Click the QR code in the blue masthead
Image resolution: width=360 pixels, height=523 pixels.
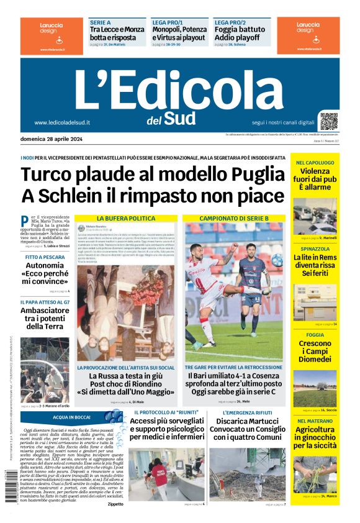point(329,121)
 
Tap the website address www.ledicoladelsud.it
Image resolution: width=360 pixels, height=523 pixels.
point(62,122)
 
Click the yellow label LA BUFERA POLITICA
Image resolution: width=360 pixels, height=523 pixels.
point(125,219)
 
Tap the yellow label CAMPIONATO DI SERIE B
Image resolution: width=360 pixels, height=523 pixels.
point(234,219)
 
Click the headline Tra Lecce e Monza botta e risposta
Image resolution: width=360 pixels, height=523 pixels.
point(117,34)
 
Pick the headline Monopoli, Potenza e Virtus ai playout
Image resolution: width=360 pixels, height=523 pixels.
point(179,34)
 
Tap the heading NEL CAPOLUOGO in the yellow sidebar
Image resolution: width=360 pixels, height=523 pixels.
point(315,163)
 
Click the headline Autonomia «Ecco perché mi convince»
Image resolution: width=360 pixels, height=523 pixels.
point(45,273)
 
